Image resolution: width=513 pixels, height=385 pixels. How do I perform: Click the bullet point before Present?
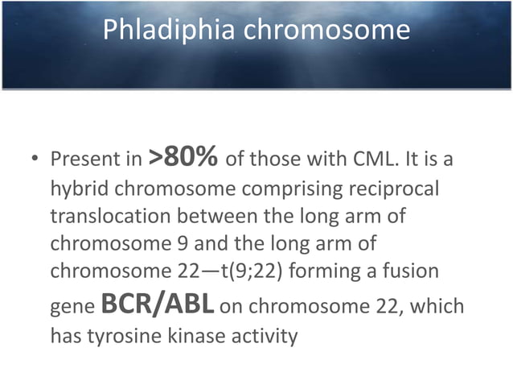pyautogui.click(x=35, y=160)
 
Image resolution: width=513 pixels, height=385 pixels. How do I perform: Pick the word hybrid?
pyautogui.click(x=76, y=188)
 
